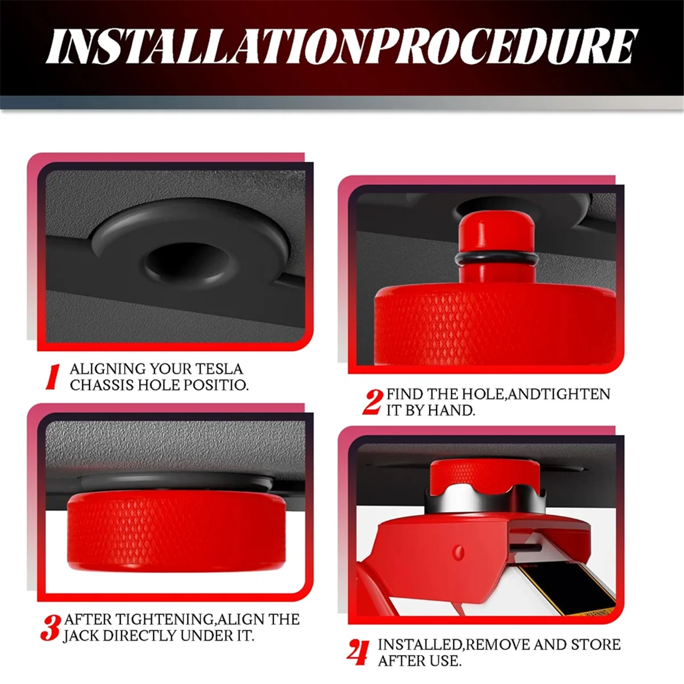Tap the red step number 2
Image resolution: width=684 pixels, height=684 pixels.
click(x=372, y=402)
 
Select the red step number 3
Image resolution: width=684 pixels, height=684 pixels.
click(x=51, y=628)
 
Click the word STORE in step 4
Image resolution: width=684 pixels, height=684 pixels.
click(x=595, y=645)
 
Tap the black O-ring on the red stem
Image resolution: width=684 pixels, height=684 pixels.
click(x=496, y=260)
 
